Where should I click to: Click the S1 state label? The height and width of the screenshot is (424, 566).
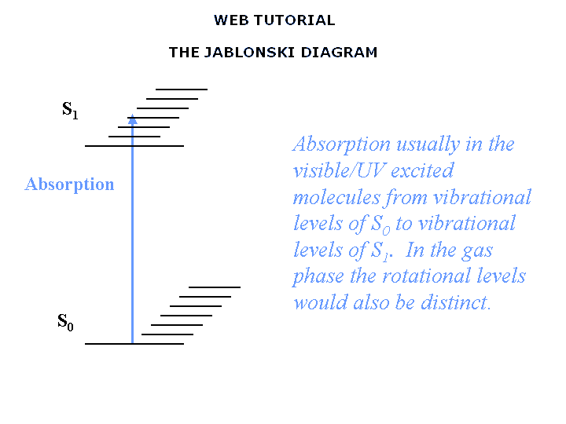pyautogui.click(x=70, y=110)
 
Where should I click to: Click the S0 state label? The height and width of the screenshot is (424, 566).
pyautogui.click(x=65, y=322)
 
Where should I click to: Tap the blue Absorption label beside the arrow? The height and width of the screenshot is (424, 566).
pyautogui.click(x=69, y=185)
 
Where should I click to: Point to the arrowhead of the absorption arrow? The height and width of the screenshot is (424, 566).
pyautogui.click(x=133, y=119)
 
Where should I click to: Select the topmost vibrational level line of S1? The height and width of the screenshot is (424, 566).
pyautogui.click(x=182, y=89)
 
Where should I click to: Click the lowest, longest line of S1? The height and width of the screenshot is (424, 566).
pyautogui.click(x=134, y=146)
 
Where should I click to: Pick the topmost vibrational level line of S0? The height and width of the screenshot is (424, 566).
pyautogui.click(x=215, y=287)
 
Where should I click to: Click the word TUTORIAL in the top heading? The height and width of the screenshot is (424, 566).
pyautogui.click(x=295, y=20)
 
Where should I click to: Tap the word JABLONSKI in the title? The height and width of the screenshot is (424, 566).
pyautogui.click(x=249, y=53)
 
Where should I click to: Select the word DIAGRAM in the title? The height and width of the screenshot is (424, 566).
pyautogui.click(x=339, y=53)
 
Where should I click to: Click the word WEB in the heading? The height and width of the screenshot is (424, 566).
pyautogui.click(x=231, y=20)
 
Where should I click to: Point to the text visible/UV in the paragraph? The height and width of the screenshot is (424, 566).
pyautogui.click(x=340, y=170)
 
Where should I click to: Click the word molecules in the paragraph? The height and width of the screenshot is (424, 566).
pyautogui.click(x=336, y=197)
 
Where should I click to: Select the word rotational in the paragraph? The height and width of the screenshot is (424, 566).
pyautogui.click(x=426, y=276)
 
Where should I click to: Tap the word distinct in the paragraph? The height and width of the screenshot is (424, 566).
pyautogui.click(x=456, y=302)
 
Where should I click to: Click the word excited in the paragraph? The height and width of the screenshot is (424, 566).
pyautogui.click(x=422, y=170)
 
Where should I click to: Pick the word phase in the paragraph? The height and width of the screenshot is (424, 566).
pyautogui.click(x=318, y=277)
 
